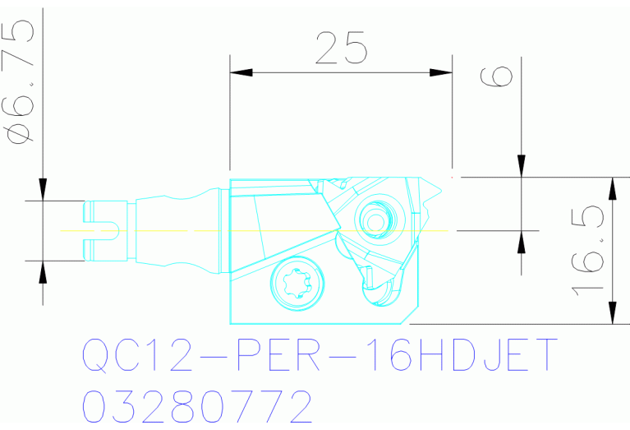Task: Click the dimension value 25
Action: click(x=342, y=49)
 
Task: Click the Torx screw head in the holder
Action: click(x=297, y=284)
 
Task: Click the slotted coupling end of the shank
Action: click(x=102, y=230)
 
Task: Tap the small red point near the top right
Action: click(x=453, y=175)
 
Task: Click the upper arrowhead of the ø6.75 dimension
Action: click(x=42, y=191)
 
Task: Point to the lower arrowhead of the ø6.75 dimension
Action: click(x=42, y=270)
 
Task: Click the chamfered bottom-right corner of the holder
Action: click(x=408, y=316)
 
